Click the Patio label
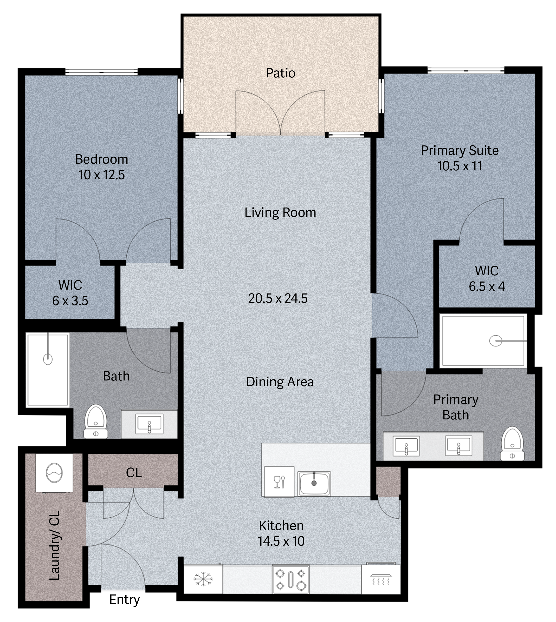point(280,73)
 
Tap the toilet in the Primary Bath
point(512,444)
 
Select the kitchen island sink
point(314,484)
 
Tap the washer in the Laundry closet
point(54,473)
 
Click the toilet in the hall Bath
point(96,422)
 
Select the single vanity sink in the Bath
point(149,424)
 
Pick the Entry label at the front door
point(124,600)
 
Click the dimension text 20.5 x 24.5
point(278,298)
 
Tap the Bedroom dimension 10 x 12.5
point(101,175)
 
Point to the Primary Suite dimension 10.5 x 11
point(460,166)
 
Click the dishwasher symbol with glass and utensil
point(279,482)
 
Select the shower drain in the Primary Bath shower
point(495,341)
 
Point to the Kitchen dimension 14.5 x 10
point(281,541)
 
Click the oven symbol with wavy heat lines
point(381,579)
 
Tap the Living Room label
point(280,212)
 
